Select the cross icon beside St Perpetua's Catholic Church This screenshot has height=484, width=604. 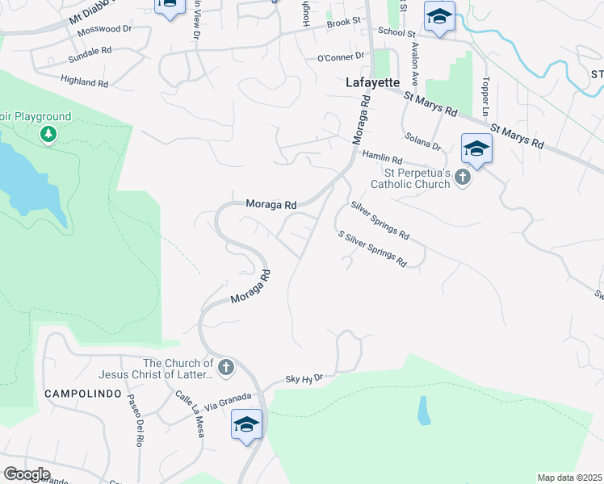coord(463,177)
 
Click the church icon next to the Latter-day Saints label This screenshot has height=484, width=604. coord(225,369)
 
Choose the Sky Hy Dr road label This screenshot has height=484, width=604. coord(304,378)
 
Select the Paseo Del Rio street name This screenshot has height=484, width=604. coord(134,423)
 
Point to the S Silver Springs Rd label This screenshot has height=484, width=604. coord(372,249)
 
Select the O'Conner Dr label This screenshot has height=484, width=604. coord(341,57)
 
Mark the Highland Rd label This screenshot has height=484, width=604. coord(84,82)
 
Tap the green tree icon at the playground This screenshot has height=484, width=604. coord(48,134)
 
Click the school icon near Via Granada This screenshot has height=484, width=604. coord(246,424)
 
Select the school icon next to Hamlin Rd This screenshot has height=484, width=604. coord(476,149)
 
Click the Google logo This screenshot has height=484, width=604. coord(27,474)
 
